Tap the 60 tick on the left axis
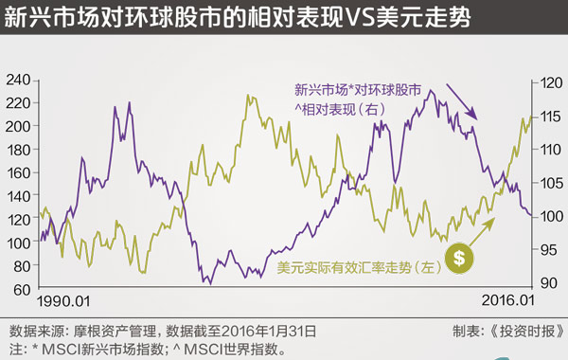(x=20, y=288)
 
